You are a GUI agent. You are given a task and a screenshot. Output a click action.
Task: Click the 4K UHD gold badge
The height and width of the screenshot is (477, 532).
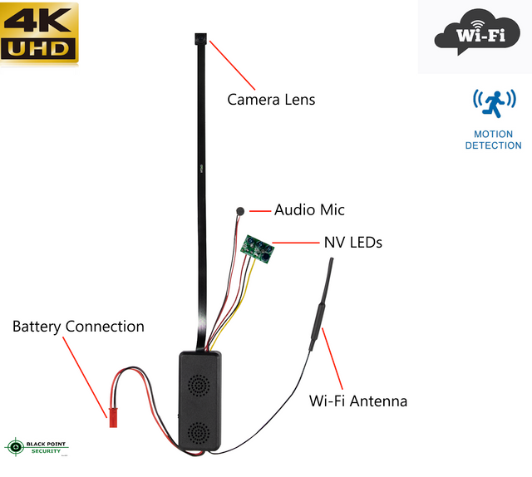[x=40, y=33]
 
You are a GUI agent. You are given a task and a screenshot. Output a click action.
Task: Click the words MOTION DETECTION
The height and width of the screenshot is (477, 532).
[x=494, y=140]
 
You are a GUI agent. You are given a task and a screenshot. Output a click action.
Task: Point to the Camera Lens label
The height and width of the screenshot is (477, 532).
[x=271, y=100]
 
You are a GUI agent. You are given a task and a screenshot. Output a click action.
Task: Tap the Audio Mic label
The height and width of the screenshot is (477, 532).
[x=309, y=210]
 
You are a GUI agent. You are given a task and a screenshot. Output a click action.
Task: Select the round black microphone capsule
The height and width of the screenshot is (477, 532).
[x=240, y=211]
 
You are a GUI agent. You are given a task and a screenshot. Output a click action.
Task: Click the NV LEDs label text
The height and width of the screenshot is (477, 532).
[x=352, y=243]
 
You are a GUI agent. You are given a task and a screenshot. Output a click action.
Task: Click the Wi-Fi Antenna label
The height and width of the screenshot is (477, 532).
[x=358, y=401]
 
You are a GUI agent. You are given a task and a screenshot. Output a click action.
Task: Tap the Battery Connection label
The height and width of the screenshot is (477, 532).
[x=78, y=327]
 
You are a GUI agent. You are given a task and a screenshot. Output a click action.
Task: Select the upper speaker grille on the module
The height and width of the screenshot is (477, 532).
[x=198, y=385]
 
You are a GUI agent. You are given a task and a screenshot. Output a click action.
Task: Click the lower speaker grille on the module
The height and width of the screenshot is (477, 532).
[x=198, y=433]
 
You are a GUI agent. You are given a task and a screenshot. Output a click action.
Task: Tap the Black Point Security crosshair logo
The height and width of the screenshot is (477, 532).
[x=14, y=447]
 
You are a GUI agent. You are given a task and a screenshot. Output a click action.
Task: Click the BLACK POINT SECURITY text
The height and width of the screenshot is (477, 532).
[x=47, y=446]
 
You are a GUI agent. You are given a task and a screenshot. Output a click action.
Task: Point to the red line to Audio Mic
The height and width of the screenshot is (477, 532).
[x=259, y=211]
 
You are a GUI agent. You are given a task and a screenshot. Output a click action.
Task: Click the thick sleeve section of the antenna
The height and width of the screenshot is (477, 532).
[x=320, y=323]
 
